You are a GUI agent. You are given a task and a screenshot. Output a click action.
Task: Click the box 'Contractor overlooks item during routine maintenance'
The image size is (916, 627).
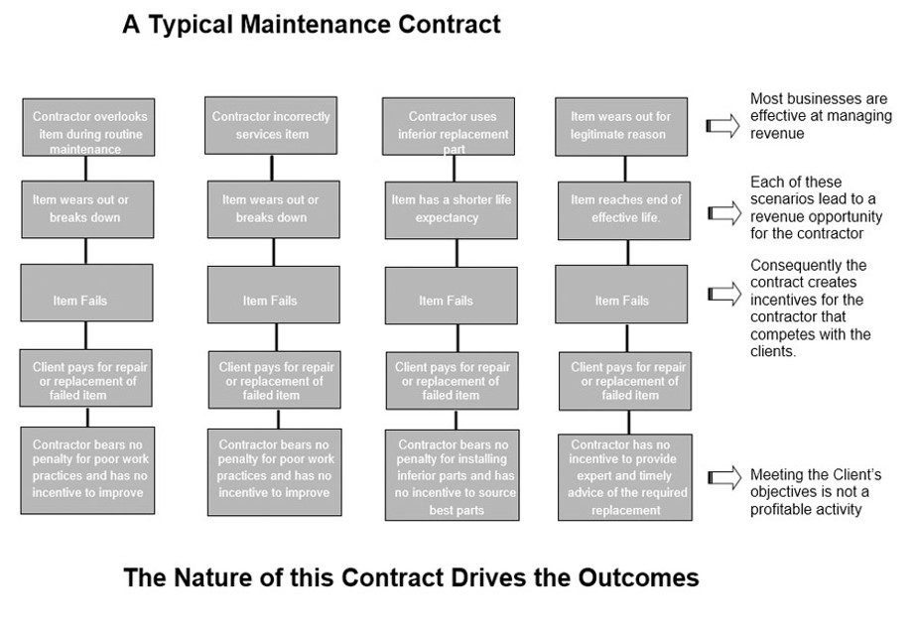click(88, 127)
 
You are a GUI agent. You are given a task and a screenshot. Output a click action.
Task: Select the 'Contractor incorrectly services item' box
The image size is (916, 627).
click(271, 126)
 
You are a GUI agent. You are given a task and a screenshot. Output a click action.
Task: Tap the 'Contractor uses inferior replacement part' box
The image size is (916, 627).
click(449, 126)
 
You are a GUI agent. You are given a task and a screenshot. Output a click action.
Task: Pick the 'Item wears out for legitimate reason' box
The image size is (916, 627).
click(621, 127)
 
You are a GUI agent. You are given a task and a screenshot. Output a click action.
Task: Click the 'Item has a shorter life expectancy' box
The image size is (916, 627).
click(451, 210)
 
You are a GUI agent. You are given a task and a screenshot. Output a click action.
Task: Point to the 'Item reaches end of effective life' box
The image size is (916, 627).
click(624, 210)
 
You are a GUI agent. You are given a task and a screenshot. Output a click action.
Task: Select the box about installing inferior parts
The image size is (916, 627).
click(453, 475)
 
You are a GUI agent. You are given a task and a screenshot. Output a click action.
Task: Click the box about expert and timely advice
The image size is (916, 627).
click(625, 477)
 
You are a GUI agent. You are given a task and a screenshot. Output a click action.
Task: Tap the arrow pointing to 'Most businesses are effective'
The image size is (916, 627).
click(723, 126)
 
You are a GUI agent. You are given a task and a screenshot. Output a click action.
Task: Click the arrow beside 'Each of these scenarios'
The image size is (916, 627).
click(725, 213)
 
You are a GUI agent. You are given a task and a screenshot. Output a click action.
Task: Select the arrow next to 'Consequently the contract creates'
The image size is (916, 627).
click(725, 294)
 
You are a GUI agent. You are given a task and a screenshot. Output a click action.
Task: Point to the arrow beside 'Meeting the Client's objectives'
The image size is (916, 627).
click(725, 477)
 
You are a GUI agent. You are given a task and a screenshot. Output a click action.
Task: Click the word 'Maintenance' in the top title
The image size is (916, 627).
click(316, 25)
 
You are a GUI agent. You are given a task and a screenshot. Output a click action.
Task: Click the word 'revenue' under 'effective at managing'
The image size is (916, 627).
click(777, 134)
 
